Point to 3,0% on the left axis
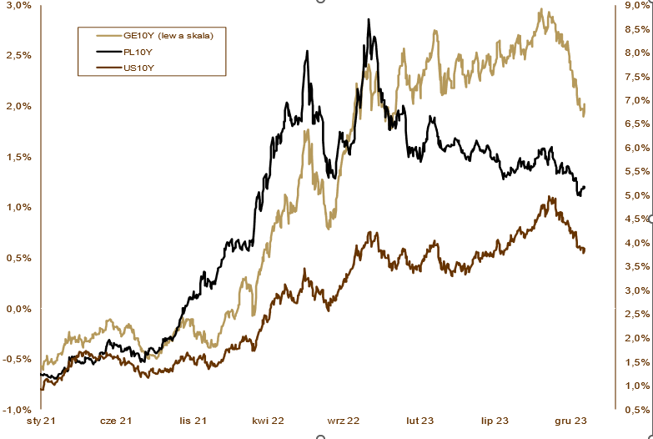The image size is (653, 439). pyautogui.click(x=18, y=5)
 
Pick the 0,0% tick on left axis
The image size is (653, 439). pyautogui.click(x=18, y=309)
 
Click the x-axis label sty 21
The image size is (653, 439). pyautogui.click(x=39, y=422)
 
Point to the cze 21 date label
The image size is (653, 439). pyautogui.click(x=116, y=422)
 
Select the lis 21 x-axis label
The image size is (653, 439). pyautogui.click(x=192, y=422)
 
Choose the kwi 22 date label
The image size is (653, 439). pyautogui.click(x=268, y=422)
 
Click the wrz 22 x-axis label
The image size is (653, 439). pyautogui.click(x=343, y=422)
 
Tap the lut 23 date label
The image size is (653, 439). pyautogui.click(x=419, y=422)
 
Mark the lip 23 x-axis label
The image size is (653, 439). pyautogui.click(x=495, y=422)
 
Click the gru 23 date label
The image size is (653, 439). pyautogui.click(x=570, y=422)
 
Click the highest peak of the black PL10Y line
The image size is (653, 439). pyautogui.click(x=368, y=19)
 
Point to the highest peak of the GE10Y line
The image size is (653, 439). pyautogui.click(x=541, y=10)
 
